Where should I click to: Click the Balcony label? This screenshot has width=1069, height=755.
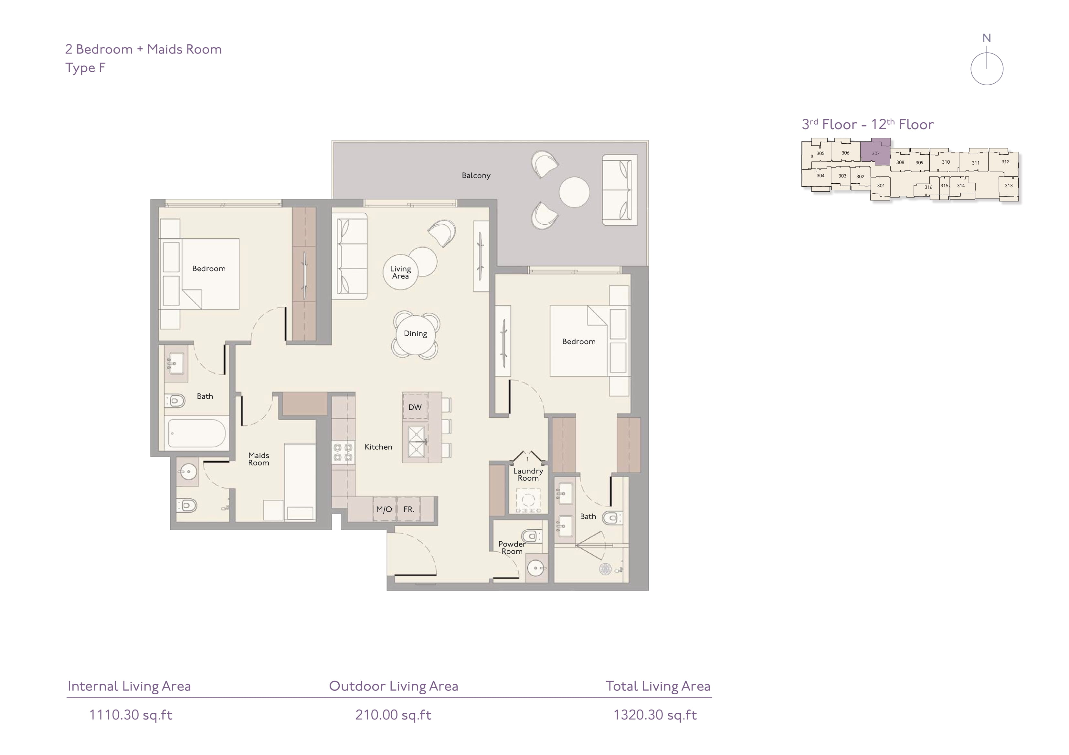pyautogui.click(x=476, y=175)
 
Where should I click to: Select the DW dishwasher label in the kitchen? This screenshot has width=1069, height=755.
pyautogui.click(x=415, y=407)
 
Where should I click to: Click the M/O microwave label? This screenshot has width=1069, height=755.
pyautogui.click(x=384, y=509)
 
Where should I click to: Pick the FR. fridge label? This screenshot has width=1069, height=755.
pyautogui.click(x=409, y=509)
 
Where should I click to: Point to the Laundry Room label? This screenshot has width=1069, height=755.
pyautogui.click(x=528, y=474)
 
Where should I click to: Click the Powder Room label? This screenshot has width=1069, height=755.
pyautogui.click(x=512, y=547)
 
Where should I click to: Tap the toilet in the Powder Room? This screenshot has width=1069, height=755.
pyautogui.click(x=532, y=536)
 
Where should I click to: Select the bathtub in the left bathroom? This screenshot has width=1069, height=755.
pyautogui.click(x=196, y=433)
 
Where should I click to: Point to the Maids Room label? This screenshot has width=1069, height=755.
pyautogui.click(x=259, y=459)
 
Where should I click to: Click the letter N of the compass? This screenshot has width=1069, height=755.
pyautogui.click(x=987, y=38)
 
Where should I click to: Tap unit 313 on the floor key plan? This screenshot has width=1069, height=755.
pyautogui.click(x=1009, y=186)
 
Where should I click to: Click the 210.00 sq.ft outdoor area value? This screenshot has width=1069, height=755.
pyautogui.click(x=393, y=715)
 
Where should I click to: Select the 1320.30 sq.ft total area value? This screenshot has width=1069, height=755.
pyautogui.click(x=655, y=715)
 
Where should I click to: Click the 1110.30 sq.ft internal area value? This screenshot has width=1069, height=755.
pyautogui.click(x=131, y=715)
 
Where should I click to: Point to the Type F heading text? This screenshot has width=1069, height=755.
pyautogui.click(x=85, y=68)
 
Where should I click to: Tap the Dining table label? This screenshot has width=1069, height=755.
pyautogui.click(x=415, y=333)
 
